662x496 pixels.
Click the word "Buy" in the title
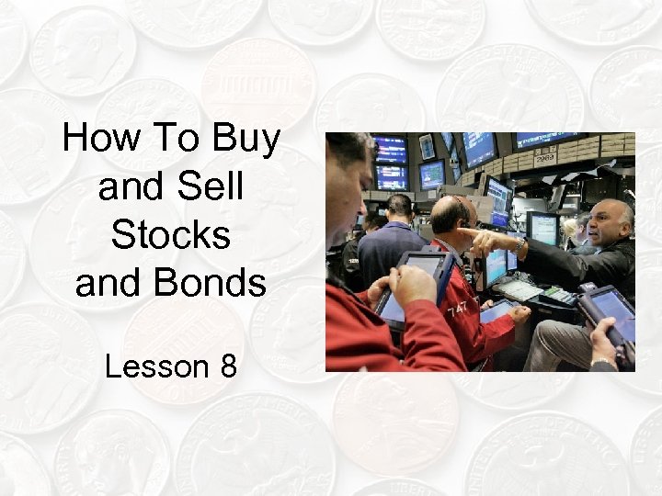point(245,140)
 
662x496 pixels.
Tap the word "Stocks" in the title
point(171,235)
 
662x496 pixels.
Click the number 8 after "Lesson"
point(228,366)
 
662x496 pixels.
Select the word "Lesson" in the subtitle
point(156,366)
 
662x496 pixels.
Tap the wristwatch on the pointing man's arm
point(519,247)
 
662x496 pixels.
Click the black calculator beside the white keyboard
point(560,295)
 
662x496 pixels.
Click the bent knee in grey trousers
point(551,334)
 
